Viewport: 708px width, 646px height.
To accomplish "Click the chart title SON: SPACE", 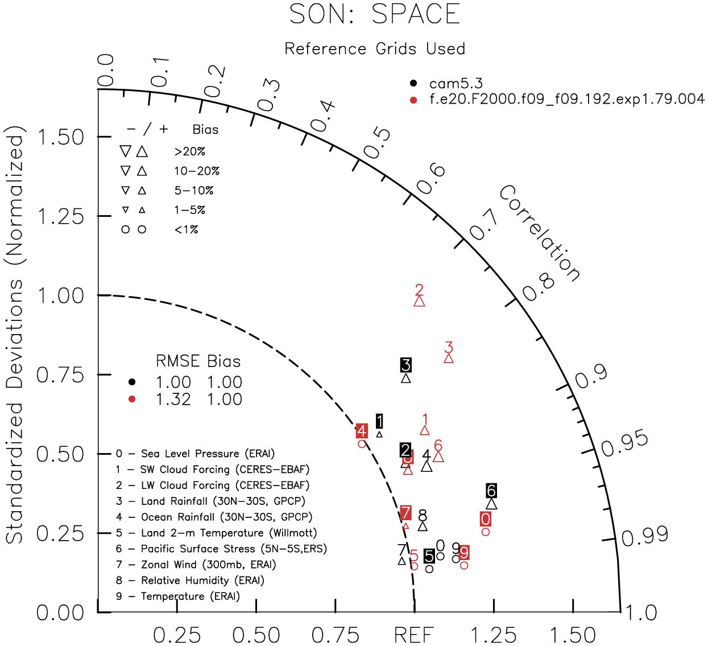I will coord(375,14).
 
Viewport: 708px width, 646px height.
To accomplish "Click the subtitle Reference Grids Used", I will coord(375,49).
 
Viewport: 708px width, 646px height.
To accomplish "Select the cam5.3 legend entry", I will coord(456,84).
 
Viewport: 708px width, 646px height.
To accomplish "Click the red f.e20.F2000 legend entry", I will coord(566,99).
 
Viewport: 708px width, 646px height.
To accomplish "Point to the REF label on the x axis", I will coord(414,635).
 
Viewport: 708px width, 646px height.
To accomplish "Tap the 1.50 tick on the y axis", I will coord(60,137).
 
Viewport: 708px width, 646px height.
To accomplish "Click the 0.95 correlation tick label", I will coord(624,443).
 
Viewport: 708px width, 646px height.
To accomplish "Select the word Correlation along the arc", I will coord(540,233).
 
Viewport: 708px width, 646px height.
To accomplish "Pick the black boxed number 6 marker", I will coord(491,491).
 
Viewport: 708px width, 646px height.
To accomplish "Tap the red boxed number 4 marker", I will coord(362,431).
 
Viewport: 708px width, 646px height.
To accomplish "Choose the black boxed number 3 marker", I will coord(405,365).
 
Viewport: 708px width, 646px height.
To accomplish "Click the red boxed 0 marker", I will coord(485,519).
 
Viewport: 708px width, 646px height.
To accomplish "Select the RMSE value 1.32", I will coord(173,400).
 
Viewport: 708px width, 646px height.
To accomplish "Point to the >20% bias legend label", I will coord(190,152).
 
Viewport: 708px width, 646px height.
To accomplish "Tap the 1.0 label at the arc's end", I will coord(641,614).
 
